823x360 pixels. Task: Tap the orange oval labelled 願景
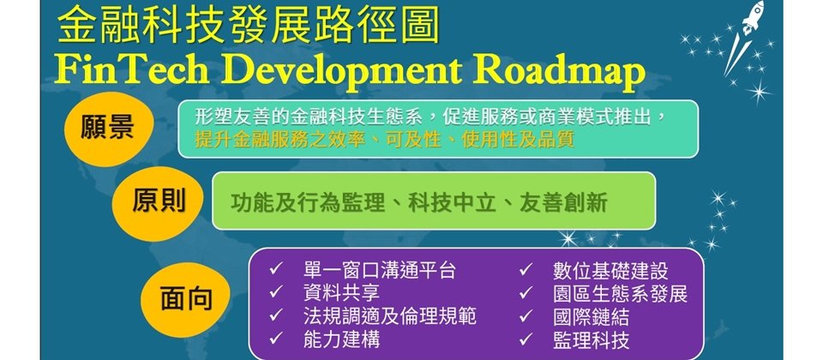click(109, 129)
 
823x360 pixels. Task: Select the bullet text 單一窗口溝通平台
click(380, 271)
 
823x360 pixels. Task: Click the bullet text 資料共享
click(341, 293)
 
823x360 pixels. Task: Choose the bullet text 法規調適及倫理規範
click(390, 316)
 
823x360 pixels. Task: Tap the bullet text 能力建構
click(341, 339)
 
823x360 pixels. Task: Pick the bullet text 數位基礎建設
click(610, 271)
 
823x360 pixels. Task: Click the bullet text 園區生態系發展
click(620, 293)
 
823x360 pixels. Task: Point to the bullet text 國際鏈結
click(591, 316)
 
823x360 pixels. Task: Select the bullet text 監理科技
click(591, 339)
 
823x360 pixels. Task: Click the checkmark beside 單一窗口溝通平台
click(276, 270)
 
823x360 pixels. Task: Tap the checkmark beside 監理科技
click(526, 339)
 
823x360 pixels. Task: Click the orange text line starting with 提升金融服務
click(385, 140)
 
